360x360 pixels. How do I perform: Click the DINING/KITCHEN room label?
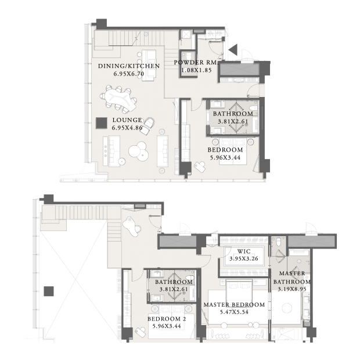pyautogui.click(x=129, y=66)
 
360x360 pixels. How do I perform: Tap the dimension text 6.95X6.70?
pyautogui.click(x=129, y=74)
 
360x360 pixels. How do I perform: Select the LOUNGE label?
pyautogui.click(x=127, y=120)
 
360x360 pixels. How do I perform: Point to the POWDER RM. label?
pyautogui.click(x=196, y=63)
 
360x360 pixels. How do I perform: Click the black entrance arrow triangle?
pyautogui.click(x=233, y=50)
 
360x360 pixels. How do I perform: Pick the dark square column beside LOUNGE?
pyautogui.click(x=102, y=123)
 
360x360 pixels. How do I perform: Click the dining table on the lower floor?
pyautogui.click(x=118, y=99)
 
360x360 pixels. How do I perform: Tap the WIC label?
pyautogui.click(x=244, y=251)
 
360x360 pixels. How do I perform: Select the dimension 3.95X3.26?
pyautogui.click(x=244, y=258)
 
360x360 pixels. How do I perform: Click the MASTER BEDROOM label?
pyautogui.click(x=234, y=305)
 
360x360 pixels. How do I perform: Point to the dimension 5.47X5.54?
pyautogui.click(x=234, y=312)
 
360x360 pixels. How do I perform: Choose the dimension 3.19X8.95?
pyautogui.click(x=292, y=289)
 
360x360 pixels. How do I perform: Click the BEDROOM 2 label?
pyautogui.click(x=167, y=319)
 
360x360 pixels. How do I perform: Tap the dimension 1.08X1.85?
pyautogui.click(x=196, y=70)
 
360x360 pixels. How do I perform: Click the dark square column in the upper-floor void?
pyautogui.click(x=49, y=291)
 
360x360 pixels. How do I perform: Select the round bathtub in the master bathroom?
pyautogui.click(x=287, y=308)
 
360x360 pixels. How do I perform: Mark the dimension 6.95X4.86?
pyautogui.click(x=127, y=128)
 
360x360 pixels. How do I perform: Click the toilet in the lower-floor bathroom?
pyautogui.click(x=253, y=107)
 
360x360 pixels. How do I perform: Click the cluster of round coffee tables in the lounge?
pyautogui.click(x=138, y=150)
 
